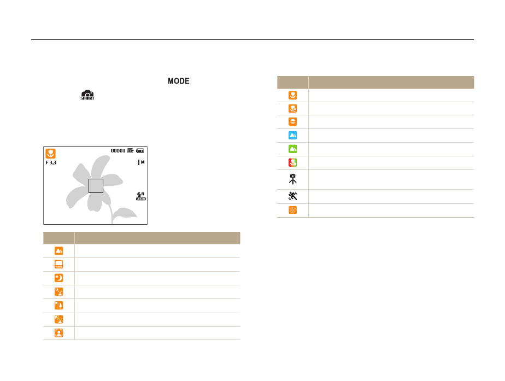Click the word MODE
178,81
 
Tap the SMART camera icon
87,95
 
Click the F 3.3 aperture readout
51,163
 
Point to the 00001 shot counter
118,151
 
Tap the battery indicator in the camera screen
140,151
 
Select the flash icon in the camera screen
141,196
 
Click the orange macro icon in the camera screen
51,153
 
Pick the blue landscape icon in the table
293,135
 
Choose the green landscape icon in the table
293,149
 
